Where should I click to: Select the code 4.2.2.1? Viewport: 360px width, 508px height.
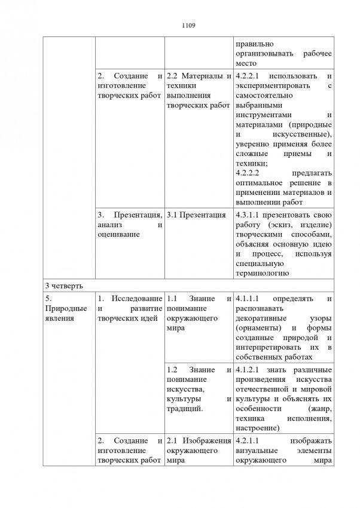(250, 77)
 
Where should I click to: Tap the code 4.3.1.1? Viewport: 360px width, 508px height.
(250, 216)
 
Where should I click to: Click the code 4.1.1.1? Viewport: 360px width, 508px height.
(250, 298)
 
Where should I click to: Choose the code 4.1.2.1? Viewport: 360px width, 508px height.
(250, 371)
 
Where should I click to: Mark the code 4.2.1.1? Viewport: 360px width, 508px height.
(250, 442)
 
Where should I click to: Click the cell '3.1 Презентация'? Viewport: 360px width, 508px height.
(196, 216)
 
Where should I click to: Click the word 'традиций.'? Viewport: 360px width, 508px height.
(185, 409)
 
